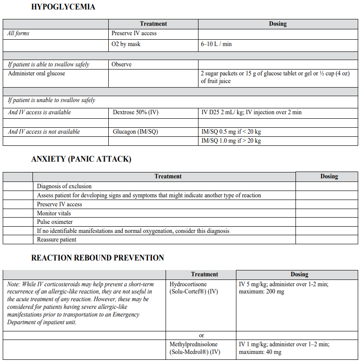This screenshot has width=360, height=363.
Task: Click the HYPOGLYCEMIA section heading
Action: [x=63, y=7]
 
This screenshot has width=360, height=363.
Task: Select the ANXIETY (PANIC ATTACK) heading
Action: [x=81, y=159]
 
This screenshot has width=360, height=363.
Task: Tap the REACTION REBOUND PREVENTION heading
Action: [x=97, y=258]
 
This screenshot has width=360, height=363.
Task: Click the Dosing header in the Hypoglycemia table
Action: [x=277, y=24]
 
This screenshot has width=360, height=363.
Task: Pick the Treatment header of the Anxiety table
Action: [x=168, y=177]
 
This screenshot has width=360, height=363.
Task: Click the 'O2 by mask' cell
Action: [x=126, y=44]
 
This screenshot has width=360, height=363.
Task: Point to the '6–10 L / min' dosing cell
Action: [x=217, y=44]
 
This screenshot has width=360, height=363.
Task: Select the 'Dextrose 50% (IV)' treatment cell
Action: [x=135, y=112]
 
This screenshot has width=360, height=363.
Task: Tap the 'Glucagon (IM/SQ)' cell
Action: [x=135, y=132]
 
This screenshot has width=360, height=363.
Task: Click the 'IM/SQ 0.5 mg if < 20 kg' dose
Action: [x=231, y=132]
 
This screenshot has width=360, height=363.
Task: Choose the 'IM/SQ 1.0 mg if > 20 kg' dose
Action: [x=231, y=141]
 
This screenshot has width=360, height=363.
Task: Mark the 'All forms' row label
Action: [x=18, y=33]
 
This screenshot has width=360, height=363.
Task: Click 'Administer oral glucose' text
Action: [x=37, y=73]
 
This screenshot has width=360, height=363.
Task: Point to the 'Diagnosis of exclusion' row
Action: [x=64, y=186]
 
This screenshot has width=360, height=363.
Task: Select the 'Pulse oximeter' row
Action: [x=55, y=222]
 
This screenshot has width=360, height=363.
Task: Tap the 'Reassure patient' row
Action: [x=57, y=240]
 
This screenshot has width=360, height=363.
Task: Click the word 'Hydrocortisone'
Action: [x=189, y=284]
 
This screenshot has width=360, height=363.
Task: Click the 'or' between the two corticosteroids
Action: [x=201, y=335]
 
